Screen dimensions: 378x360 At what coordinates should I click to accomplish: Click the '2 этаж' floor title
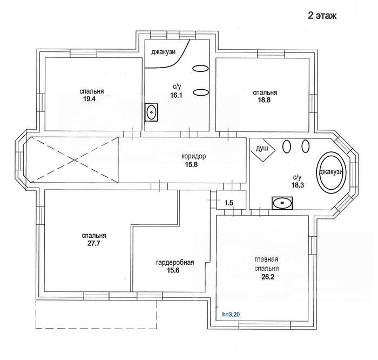(x=322, y=16)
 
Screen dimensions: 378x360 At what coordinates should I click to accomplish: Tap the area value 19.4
(x=90, y=99)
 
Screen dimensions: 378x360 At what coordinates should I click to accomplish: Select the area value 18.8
(x=264, y=100)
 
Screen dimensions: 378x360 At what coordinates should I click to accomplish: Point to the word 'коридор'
(x=193, y=156)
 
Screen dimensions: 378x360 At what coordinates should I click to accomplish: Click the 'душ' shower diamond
(x=262, y=150)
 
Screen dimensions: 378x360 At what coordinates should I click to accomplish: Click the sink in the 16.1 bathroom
(x=151, y=112)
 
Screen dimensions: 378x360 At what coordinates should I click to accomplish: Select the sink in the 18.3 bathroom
(x=282, y=203)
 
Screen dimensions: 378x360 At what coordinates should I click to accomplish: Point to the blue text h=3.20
(x=231, y=315)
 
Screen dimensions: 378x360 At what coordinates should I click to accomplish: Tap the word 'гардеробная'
(x=175, y=262)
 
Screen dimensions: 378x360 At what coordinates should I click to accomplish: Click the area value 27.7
(x=93, y=243)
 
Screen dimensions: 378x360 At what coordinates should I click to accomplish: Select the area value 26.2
(x=268, y=277)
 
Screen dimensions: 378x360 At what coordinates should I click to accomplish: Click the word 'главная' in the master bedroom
(x=266, y=259)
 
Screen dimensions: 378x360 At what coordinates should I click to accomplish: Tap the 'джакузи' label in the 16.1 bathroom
(x=163, y=52)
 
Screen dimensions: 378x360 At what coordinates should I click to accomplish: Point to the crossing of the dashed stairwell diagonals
(x=75, y=160)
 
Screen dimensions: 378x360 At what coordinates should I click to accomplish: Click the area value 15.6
(x=173, y=270)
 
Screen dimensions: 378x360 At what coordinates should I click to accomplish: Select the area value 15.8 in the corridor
(x=191, y=164)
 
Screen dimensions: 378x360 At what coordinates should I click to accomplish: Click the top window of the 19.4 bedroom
(x=83, y=53)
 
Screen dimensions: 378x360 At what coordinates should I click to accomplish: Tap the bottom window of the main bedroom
(x=264, y=325)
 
